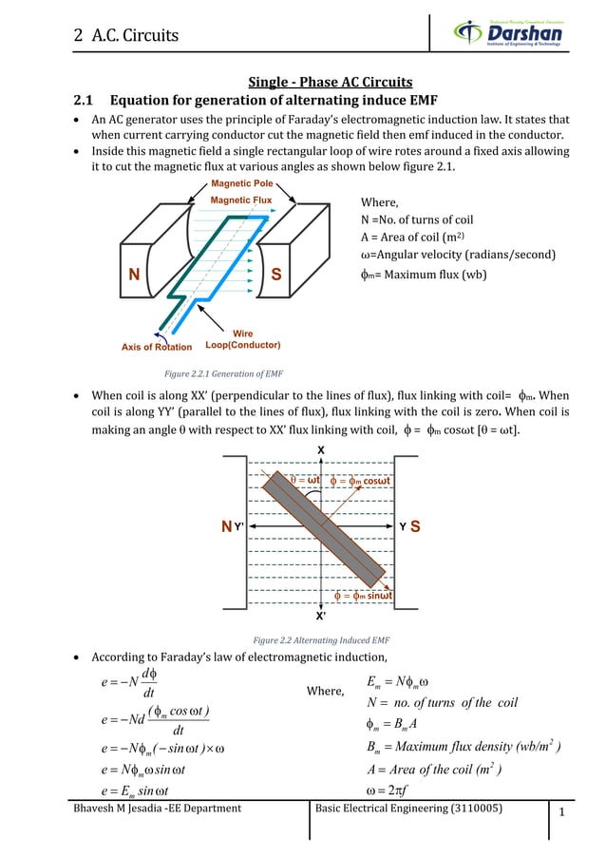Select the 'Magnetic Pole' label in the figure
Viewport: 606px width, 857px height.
pos(242,182)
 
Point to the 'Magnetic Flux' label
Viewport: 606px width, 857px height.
pos(241,200)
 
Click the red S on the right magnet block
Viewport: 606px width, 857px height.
pos(275,275)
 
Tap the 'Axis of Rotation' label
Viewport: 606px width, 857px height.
pos(156,347)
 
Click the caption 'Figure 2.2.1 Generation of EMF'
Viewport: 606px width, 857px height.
pos(224,373)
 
